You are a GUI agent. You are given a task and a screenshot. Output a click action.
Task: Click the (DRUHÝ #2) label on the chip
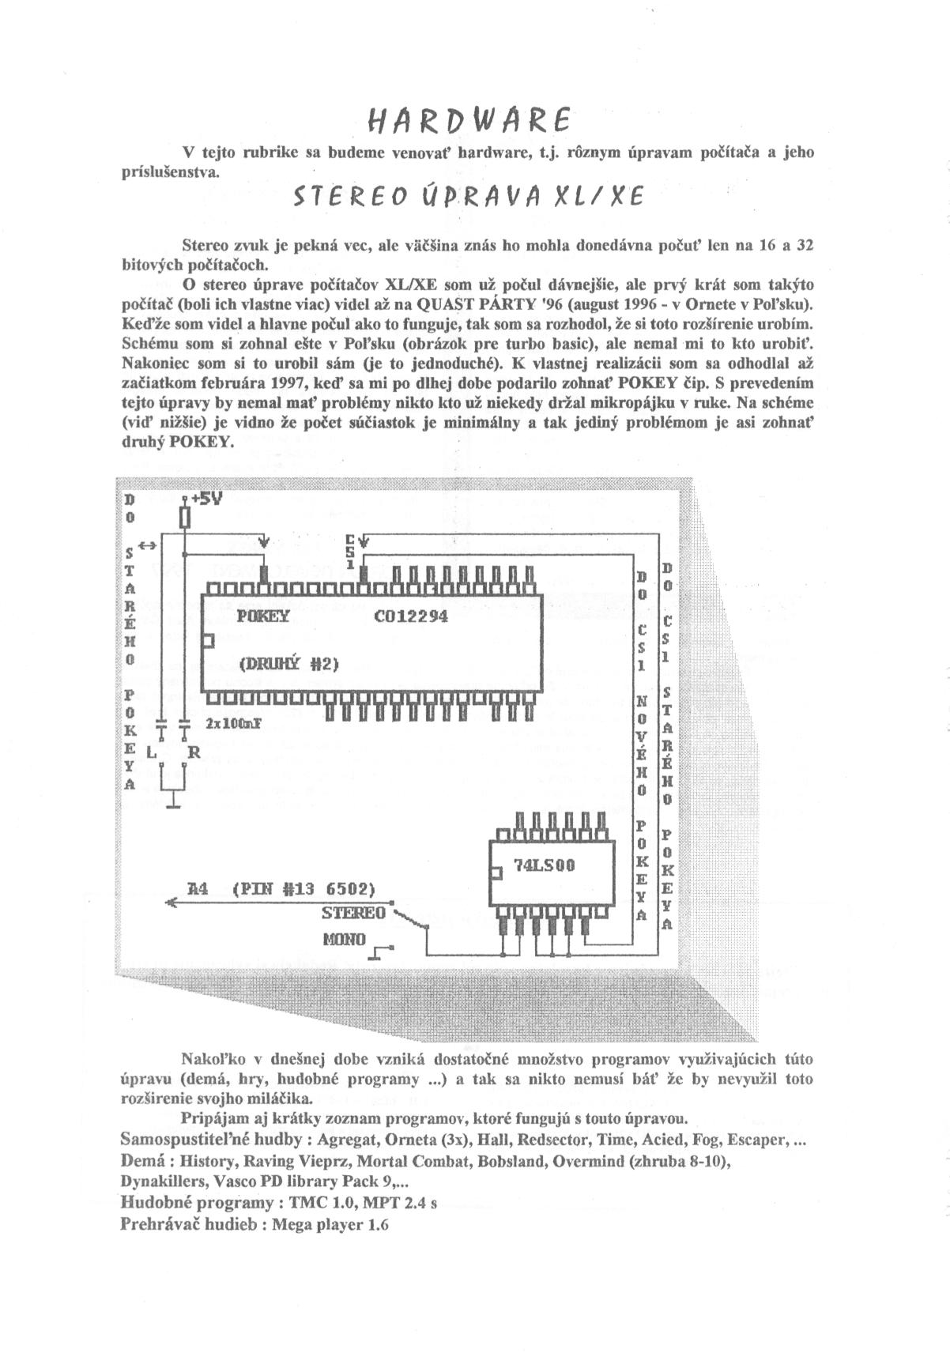(288, 664)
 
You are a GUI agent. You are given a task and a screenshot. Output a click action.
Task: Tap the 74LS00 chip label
(545, 865)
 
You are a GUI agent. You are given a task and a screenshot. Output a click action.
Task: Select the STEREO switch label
(352, 914)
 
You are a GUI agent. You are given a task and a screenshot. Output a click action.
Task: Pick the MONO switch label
(344, 940)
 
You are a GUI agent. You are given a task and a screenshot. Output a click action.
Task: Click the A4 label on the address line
(197, 888)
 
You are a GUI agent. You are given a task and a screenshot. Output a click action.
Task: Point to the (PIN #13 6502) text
(303, 888)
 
